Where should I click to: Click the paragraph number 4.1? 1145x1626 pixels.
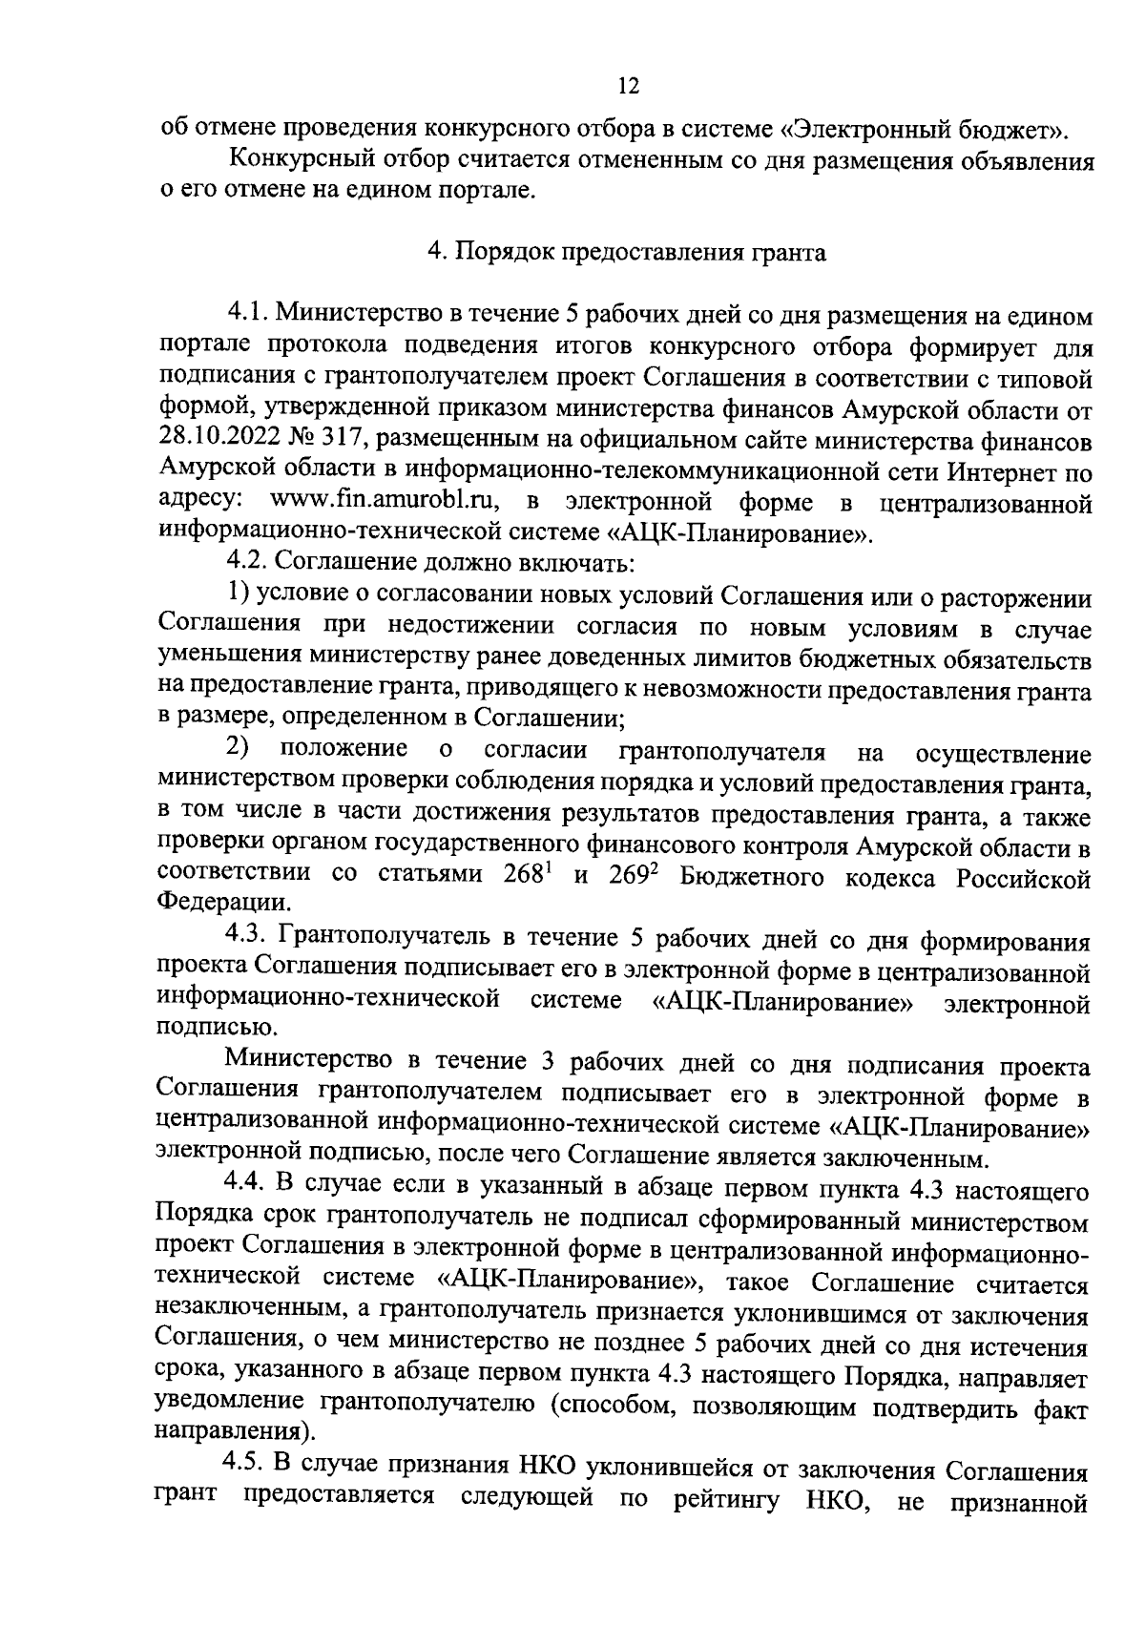pos(248,316)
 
